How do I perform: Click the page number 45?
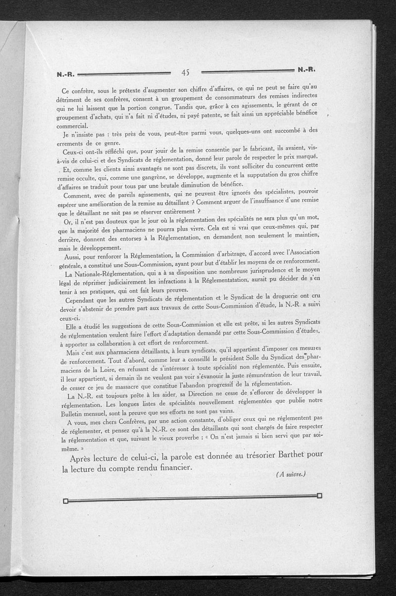coord(186,72)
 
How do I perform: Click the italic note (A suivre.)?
coord(292,474)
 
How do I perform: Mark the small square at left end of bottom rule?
coord(65,501)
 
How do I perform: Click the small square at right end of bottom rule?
coord(319,496)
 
